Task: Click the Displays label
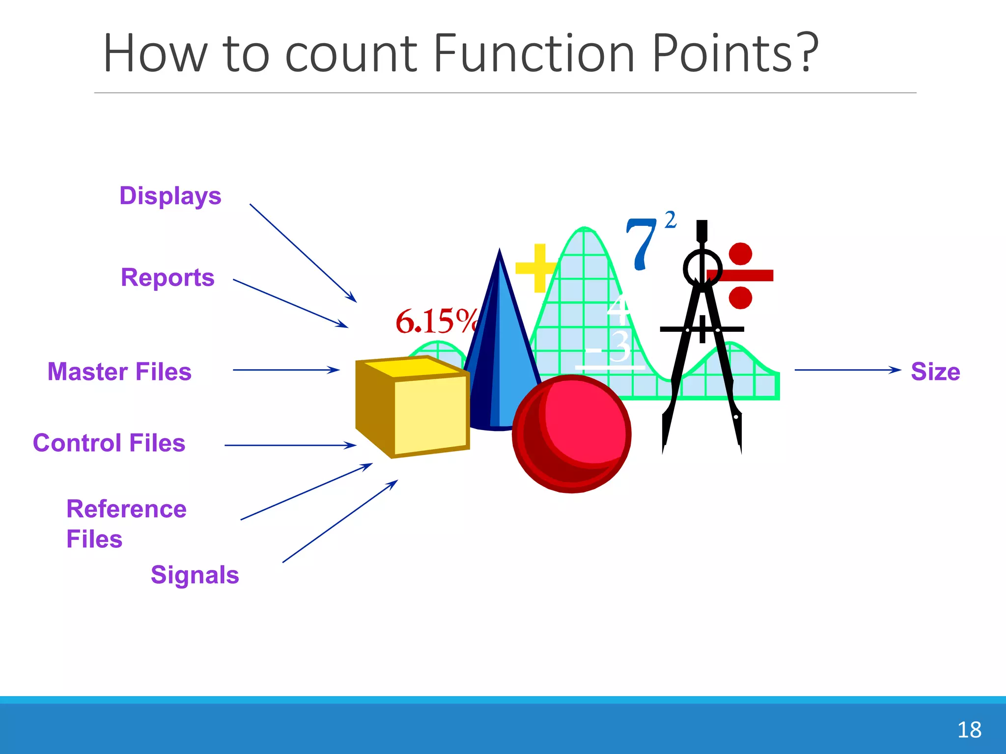point(170,196)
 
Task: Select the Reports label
point(168,278)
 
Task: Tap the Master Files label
point(119,372)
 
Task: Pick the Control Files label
point(109,443)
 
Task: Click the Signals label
point(195,575)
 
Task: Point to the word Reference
point(126,509)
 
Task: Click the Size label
point(935,372)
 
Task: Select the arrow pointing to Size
point(847,370)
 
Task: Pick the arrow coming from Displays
point(303,253)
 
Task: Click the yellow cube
point(413,407)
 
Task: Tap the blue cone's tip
point(500,252)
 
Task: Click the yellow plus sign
point(539,268)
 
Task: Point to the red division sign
point(740,275)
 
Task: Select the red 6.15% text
point(435,322)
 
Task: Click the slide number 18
point(969,730)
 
